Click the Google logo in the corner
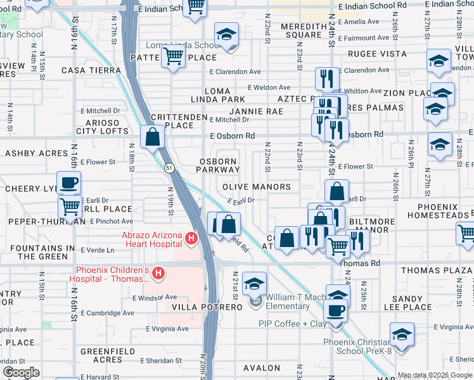21,372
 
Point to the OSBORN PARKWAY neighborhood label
218,165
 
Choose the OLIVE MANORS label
257,187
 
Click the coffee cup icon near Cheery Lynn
69,182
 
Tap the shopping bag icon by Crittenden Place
153,137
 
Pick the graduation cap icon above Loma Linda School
226,35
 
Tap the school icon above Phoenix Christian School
402,334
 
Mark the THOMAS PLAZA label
437,270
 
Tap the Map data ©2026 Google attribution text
434,375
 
